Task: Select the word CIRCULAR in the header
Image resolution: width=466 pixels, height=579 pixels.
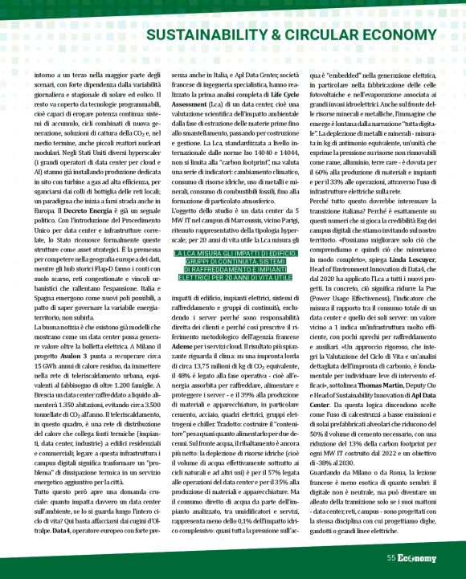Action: coord(321,35)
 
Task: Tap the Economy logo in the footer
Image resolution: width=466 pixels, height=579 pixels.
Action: coord(417,558)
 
